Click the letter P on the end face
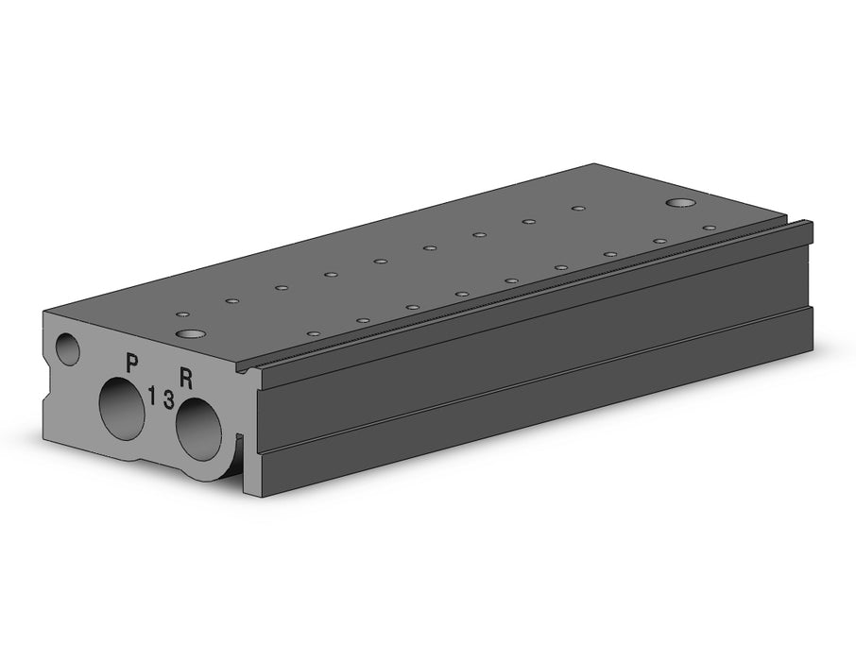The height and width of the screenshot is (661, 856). click(131, 363)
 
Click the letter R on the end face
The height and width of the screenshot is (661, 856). click(187, 379)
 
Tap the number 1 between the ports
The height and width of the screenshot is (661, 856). click(152, 395)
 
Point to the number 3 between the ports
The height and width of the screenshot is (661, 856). click(169, 399)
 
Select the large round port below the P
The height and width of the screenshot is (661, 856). click(122, 408)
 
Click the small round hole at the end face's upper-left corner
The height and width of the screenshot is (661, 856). click(68, 349)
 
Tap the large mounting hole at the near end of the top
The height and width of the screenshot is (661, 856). click(190, 333)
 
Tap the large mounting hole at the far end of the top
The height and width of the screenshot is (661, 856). click(681, 203)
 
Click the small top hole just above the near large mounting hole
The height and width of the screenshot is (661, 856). click(183, 315)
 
